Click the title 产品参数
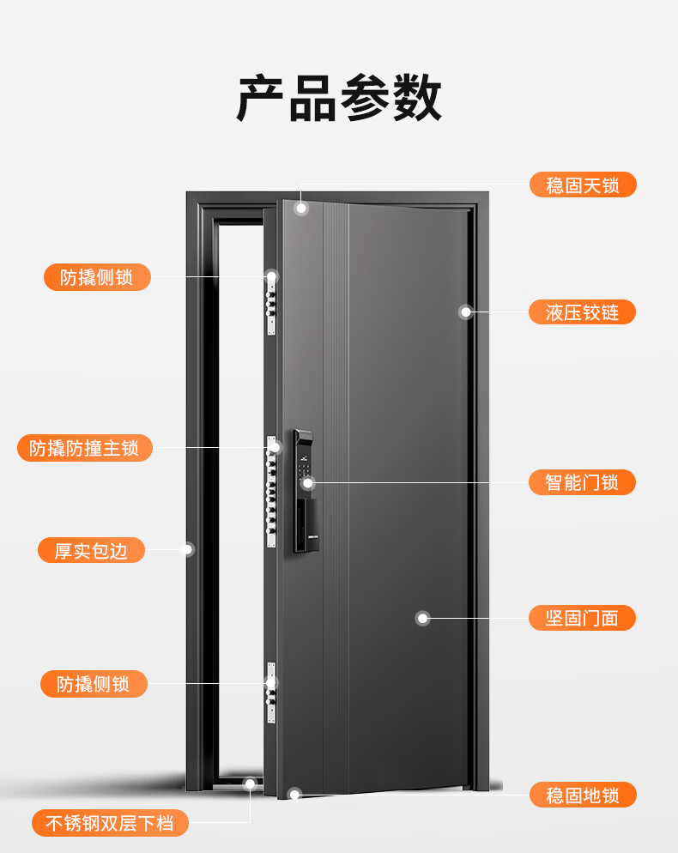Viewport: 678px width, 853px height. tap(339, 98)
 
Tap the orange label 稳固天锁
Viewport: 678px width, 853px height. tap(583, 185)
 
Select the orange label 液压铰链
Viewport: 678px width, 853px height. tap(582, 312)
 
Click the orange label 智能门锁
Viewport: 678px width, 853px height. tap(582, 482)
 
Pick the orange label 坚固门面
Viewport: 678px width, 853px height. tap(582, 618)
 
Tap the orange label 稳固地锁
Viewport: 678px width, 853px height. tap(583, 795)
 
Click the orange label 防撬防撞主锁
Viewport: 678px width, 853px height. tap(84, 448)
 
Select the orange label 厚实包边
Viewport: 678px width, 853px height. tap(91, 550)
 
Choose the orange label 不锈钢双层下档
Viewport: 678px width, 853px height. tap(110, 823)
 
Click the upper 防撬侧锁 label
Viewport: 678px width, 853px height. tap(97, 277)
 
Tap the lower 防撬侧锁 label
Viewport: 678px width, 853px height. tap(94, 684)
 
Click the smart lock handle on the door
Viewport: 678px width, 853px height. tap(304, 491)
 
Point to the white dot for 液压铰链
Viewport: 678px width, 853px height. tap(465, 312)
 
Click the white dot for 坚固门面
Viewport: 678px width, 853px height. tap(423, 618)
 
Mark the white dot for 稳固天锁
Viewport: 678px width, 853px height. tap(301, 208)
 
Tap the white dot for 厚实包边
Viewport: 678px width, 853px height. tap(188, 549)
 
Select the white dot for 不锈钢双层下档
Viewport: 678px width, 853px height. tap(250, 783)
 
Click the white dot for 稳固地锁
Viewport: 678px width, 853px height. tap(294, 795)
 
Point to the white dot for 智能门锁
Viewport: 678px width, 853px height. tap(308, 482)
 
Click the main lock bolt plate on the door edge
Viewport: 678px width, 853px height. tap(270, 491)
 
